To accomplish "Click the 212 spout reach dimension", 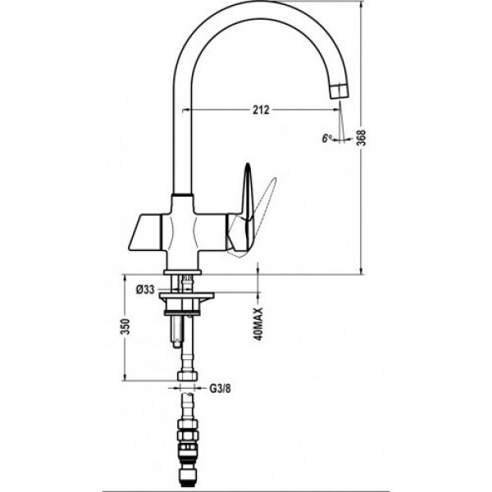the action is click(x=261, y=110).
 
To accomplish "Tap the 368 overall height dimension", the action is click(x=362, y=138).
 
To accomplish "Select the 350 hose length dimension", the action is click(x=125, y=326).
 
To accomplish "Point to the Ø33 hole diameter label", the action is click(x=145, y=289).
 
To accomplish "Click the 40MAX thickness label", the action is click(x=259, y=324).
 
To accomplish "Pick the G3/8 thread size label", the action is click(x=220, y=389).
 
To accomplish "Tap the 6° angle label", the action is click(x=327, y=138).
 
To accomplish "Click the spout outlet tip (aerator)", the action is click(x=339, y=91).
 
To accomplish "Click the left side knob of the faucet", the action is click(x=145, y=233).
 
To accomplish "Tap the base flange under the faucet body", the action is click(x=182, y=271).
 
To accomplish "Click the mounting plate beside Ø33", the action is click(x=187, y=295).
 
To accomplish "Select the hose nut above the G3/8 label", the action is click(x=188, y=376).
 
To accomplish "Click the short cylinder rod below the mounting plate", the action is click(x=175, y=331).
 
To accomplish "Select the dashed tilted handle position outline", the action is click(x=254, y=220).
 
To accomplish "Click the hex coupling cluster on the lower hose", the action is click(x=187, y=438).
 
